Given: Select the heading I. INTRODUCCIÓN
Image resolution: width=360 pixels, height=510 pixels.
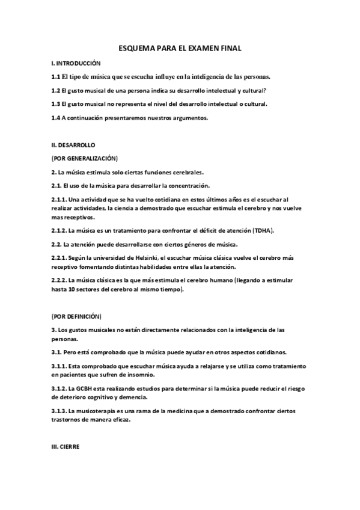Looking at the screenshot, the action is (76, 63).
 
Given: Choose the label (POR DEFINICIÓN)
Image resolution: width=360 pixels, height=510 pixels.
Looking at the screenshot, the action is (76, 316).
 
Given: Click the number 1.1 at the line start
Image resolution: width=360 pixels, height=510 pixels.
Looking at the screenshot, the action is (55, 76).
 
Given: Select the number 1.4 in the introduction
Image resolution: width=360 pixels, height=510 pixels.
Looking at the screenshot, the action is (55, 117).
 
